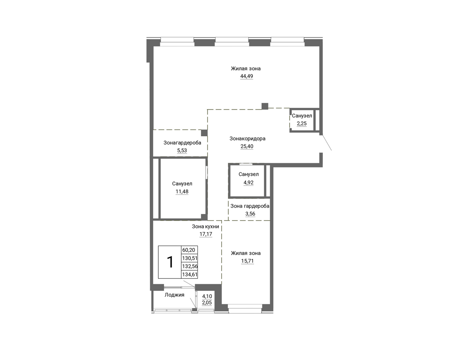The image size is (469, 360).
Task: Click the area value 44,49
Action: (x=247, y=76)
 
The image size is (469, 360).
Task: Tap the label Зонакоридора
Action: (x=247, y=138)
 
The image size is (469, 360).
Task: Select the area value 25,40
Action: (x=247, y=146)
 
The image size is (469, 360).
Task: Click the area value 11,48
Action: (x=182, y=191)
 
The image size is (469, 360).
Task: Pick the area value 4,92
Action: (x=249, y=183)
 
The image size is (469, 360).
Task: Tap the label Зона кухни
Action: (x=206, y=226)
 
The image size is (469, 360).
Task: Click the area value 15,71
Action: (x=247, y=261)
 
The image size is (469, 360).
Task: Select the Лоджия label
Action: (x=174, y=295)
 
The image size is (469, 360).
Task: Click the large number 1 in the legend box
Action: (x=170, y=262)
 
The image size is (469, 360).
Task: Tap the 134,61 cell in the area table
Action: (x=190, y=274)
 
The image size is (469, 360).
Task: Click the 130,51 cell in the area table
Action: (x=190, y=258)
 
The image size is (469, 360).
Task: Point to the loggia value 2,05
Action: (x=207, y=303)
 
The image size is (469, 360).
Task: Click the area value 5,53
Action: (x=182, y=150)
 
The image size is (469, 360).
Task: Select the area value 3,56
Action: (x=250, y=214)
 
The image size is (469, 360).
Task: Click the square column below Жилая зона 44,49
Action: (x=265, y=106)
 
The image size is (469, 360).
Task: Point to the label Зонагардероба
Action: (x=182, y=143)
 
